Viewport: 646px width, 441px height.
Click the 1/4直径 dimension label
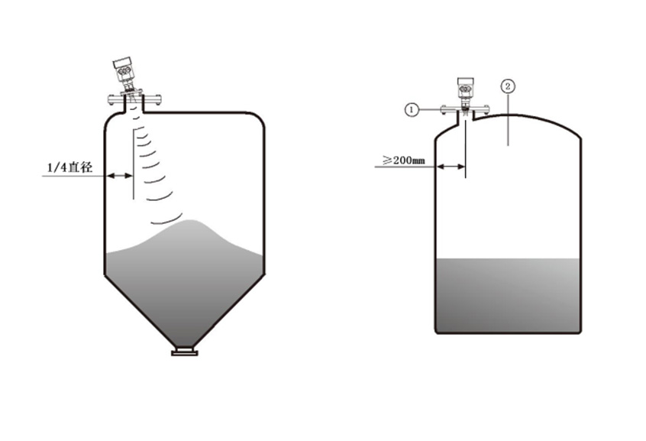coord(70,167)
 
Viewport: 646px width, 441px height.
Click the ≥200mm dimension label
coord(404,160)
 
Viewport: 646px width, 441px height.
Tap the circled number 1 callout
coord(412,110)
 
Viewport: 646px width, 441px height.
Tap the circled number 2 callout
coord(508,86)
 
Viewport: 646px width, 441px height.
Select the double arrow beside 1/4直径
coord(120,176)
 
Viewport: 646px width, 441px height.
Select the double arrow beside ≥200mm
coord(451,167)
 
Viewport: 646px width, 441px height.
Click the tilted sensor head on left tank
coord(124,71)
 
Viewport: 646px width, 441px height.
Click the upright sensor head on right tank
coord(466,89)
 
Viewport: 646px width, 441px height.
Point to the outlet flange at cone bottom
coord(185,352)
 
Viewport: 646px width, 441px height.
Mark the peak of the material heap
coord(190,221)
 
